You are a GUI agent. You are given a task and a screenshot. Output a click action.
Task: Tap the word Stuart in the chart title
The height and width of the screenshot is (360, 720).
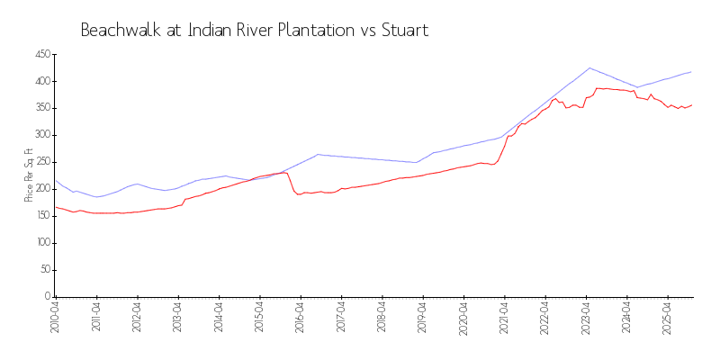pyautogui.click(x=402, y=30)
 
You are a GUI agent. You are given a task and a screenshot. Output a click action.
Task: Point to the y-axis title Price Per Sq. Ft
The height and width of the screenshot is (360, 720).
pyautogui.click(x=30, y=175)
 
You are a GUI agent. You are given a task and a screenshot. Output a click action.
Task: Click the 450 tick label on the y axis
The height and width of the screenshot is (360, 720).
pyautogui.click(x=41, y=55)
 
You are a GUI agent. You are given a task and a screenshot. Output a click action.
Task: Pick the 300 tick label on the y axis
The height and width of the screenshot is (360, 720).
pyautogui.click(x=41, y=135)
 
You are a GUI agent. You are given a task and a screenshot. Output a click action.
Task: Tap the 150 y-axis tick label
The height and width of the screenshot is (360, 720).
pyautogui.click(x=41, y=216)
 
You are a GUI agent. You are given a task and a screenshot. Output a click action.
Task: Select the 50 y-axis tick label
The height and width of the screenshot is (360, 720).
pyautogui.click(x=44, y=270)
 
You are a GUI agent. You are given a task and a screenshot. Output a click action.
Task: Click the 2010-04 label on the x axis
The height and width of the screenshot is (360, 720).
pyautogui.click(x=55, y=316)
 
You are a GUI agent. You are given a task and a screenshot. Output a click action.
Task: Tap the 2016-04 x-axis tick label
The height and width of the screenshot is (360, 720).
pyautogui.click(x=300, y=316)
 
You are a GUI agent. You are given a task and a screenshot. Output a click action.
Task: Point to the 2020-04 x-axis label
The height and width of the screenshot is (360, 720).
pyautogui.click(x=463, y=316)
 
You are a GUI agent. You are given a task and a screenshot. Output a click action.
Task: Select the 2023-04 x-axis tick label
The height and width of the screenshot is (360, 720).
pyautogui.click(x=586, y=316)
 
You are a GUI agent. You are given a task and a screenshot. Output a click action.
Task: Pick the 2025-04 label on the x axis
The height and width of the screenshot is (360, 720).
pyautogui.click(x=668, y=316)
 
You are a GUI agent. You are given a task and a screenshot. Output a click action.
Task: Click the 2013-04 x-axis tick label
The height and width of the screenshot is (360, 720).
pyautogui.click(x=177, y=316)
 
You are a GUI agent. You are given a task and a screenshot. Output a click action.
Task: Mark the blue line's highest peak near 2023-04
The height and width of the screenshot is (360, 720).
pyautogui.click(x=589, y=67)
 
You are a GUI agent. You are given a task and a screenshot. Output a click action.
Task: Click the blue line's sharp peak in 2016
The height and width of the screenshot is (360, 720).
pyautogui.click(x=318, y=154)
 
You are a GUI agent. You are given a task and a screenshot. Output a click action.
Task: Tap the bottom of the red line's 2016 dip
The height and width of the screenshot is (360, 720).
pyautogui.click(x=298, y=194)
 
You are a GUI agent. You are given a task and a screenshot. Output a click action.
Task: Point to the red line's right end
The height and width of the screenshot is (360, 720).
pyautogui.click(x=691, y=104)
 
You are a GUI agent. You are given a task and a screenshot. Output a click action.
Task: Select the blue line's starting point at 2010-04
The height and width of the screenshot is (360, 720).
pyautogui.click(x=55, y=180)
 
